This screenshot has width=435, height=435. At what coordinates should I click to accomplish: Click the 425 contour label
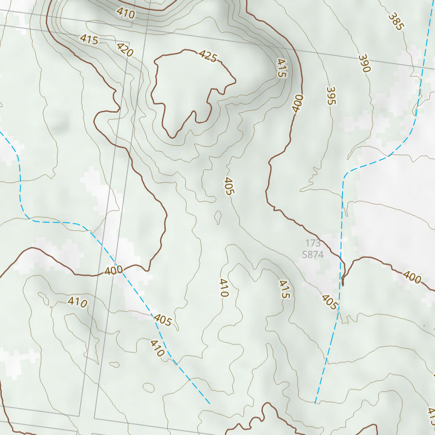click(208, 56)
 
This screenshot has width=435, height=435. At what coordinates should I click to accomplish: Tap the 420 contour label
click(125, 50)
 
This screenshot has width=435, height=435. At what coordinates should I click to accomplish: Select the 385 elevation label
click(395, 21)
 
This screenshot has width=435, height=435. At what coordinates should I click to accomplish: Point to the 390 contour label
click(364, 63)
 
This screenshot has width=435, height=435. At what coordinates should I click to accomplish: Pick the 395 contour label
click(331, 96)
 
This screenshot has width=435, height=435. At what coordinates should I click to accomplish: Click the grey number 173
click(313, 243)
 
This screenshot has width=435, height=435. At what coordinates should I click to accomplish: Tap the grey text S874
click(313, 255)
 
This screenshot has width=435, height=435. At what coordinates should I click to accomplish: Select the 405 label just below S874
click(330, 302)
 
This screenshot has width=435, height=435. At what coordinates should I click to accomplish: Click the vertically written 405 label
click(228, 186)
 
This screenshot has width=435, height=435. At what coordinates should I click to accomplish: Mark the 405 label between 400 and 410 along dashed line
click(163, 320)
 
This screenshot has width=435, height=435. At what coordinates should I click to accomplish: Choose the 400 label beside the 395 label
click(298, 103)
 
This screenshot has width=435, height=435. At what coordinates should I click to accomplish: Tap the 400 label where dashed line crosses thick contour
click(113, 270)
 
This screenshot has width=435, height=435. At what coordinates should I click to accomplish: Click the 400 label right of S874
click(412, 278)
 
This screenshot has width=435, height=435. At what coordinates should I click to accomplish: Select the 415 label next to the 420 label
click(89, 40)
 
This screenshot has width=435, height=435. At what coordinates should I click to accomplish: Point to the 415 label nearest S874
click(284, 289)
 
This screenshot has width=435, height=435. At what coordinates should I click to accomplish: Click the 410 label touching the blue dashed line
click(157, 348)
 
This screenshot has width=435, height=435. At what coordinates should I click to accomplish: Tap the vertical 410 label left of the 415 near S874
click(224, 288)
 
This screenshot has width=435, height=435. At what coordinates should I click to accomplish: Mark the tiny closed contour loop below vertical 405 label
click(218, 217)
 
